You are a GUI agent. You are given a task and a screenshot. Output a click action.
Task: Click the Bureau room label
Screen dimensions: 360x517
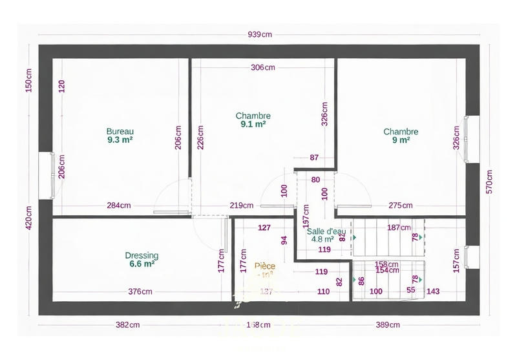(x=120, y=131)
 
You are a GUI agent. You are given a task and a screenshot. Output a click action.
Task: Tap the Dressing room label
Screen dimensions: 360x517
(x=141, y=255)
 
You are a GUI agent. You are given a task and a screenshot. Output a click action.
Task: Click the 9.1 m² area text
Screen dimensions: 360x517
(x=253, y=123)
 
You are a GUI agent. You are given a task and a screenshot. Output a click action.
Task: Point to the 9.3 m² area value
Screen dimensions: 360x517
(x=120, y=139)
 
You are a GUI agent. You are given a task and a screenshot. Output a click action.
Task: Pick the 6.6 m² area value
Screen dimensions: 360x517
(x=141, y=264)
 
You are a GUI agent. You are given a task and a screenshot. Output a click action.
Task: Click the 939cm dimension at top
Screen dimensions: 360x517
(x=258, y=35)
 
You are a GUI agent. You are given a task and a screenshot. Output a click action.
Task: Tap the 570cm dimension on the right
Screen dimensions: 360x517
(x=489, y=182)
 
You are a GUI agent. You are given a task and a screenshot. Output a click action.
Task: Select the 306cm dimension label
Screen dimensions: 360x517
(x=263, y=67)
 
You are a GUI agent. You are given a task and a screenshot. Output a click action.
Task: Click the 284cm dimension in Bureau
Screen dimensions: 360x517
(x=119, y=206)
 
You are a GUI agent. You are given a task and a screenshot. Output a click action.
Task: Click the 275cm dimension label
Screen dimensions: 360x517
(x=401, y=206)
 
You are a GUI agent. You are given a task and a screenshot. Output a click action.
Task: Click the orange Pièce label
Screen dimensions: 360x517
(x=264, y=266)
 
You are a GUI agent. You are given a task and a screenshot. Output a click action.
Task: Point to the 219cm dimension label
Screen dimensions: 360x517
(x=241, y=206)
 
